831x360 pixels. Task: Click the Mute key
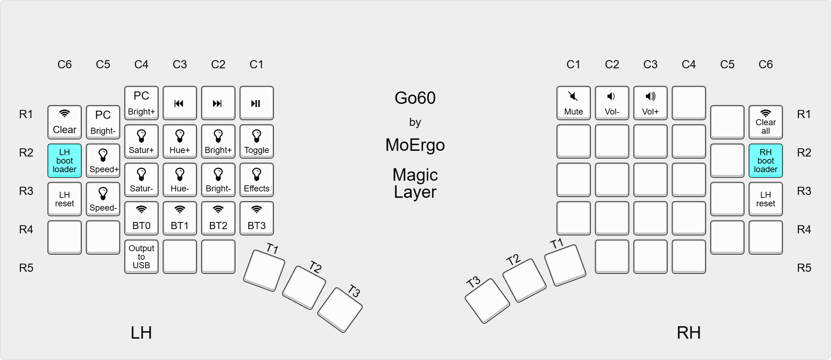pos(573,103)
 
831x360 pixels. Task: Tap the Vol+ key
pos(650,103)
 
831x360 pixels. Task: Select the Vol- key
pos(612,103)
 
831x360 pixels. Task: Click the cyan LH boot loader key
pos(64,160)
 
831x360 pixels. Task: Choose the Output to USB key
pos(141,256)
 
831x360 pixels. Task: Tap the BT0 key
pos(141,218)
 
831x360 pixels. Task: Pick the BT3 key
pos(256,218)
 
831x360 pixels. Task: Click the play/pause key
pos(256,103)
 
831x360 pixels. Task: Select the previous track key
pos(180,103)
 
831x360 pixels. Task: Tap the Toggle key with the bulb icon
pos(256,141)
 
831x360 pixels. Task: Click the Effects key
pos(256,180)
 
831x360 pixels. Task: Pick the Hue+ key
pos(180,141)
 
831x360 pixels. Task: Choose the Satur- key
pos(141,180)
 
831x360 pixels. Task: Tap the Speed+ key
pos(103,160)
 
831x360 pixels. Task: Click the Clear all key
pos(766,122)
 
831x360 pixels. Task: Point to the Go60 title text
pos(415,98)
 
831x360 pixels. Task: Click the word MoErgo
pos(415,145)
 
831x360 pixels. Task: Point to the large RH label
pos(689,333)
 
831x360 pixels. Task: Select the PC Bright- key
pos(103,122)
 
